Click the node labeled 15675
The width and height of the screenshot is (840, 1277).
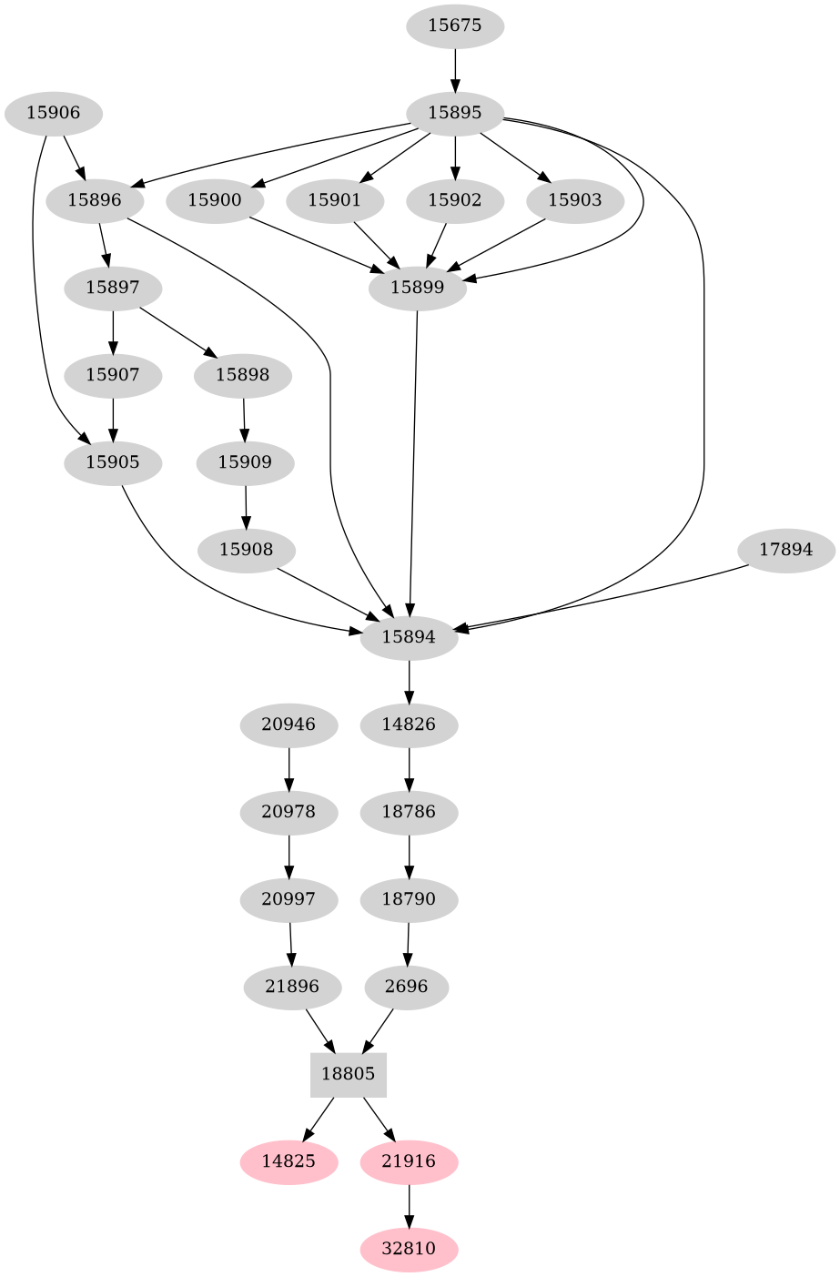[454, 25]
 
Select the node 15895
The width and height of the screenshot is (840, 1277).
[454, 114]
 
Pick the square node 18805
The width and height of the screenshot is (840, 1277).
[349, 1074]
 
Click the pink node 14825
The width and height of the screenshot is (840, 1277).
[288, 1161]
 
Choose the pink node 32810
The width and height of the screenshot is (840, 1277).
[409, 1249]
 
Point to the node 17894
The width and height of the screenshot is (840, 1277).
[785, 551]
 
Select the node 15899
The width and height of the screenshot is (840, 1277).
[417, 289]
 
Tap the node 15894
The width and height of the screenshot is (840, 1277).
[409, 637]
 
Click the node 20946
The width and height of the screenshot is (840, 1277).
[288, 725]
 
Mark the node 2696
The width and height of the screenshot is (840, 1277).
[406, 987]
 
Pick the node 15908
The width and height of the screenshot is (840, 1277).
[245, 551]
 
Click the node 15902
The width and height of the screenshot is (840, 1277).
[454, 200]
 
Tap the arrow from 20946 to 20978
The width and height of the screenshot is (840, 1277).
[288, 768]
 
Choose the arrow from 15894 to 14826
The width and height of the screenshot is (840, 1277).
[409, 682]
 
